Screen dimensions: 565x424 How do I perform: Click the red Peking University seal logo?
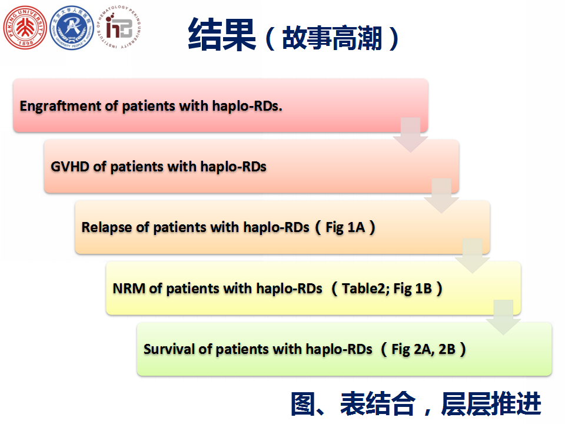point(25,28)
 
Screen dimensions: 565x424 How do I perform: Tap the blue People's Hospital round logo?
point(72,28)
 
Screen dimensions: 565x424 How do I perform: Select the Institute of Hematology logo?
point(119,28)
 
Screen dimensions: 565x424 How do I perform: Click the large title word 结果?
point(222,35)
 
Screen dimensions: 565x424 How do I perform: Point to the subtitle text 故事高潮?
point(332,38)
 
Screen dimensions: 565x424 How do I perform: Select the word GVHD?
point(70,167)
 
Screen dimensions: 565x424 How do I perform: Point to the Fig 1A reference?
point(345,227)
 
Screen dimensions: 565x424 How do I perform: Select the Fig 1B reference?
point(413,289)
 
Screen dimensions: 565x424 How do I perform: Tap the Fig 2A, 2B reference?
point(423,349)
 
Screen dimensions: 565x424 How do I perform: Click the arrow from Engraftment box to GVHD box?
point(410,134)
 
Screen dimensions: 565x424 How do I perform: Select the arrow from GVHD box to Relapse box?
point(441,196)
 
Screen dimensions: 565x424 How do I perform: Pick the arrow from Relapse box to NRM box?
point(473,256)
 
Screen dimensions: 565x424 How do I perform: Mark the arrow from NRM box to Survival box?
point(503,317)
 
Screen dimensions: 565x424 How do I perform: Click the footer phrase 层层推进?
point(491,403)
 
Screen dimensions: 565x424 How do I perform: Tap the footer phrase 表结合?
point(378,403)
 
